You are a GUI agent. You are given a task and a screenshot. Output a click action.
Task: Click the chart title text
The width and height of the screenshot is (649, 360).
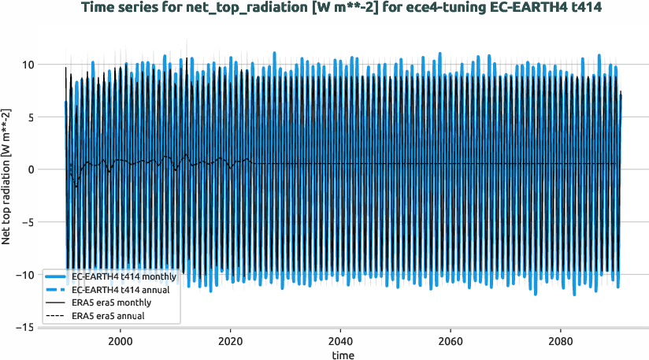pos(324,8)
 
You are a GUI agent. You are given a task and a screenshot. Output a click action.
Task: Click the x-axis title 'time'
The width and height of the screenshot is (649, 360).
pos(342,355)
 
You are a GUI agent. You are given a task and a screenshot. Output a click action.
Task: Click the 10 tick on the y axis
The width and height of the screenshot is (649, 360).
pos(27,65)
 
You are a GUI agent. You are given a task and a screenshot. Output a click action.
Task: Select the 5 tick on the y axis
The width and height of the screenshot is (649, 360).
pos(30,117)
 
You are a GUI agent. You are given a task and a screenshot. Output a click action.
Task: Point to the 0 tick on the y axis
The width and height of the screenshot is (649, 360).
pos(30,169)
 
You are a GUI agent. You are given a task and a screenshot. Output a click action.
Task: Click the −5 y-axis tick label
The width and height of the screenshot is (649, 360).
pos(27,222)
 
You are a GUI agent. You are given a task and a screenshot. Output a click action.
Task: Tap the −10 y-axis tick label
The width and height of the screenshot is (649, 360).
pos(24,275)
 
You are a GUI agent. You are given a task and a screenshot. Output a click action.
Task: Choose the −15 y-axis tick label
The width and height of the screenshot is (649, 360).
pos(24,327)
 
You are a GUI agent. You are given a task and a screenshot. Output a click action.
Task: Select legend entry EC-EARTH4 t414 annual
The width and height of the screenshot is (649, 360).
pos(121,290)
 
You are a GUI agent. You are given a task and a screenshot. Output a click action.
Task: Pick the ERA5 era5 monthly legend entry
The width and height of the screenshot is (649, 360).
pos(111,302)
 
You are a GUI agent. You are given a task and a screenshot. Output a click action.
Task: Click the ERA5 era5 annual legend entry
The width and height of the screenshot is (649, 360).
pos(109,316)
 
